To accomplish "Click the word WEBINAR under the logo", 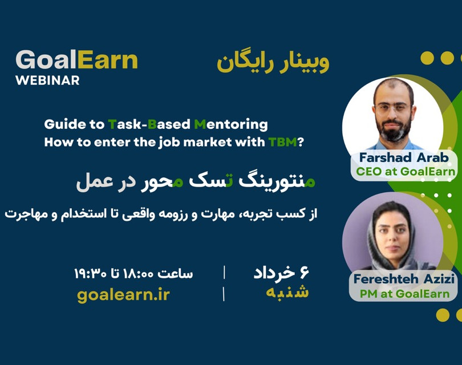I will click(x=47, y=80).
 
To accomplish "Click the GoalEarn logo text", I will click(x=76, y=60).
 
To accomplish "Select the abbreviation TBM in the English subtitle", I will click(x=282, y=143).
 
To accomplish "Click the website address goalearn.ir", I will click(x=123, y=294).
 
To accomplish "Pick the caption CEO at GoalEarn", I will click(x=406, y=171).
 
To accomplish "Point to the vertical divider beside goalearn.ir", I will click(x=224, y=294).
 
